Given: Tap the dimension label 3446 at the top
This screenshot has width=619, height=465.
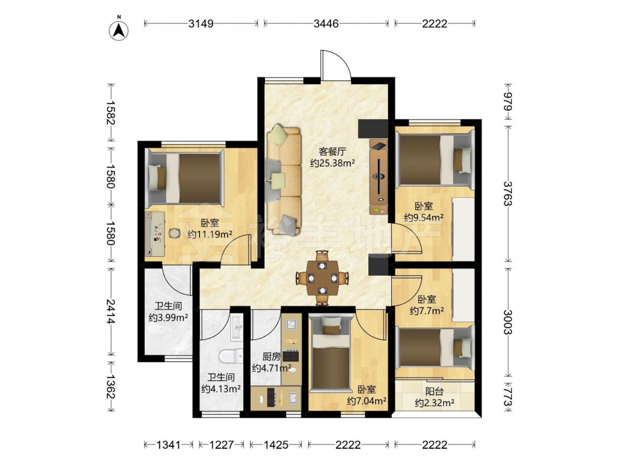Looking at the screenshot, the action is click(326, 24).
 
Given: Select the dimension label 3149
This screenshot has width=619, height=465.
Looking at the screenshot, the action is click(201, 24).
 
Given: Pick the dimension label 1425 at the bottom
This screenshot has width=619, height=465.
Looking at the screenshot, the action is click(276, 445).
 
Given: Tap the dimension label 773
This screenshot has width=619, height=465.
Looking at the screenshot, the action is click(508, 397).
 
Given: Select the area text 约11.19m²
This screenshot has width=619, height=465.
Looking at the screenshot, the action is click(210, 234).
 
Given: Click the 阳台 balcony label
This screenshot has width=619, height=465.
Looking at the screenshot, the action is click(435, 391).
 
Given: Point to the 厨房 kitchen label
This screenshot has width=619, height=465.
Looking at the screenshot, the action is click(272, 356).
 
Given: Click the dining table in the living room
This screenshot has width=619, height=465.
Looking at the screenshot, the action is click(322, 278).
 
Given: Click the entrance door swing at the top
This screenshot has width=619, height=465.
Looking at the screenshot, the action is click(335, 65).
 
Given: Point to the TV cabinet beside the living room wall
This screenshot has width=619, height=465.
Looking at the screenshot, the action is click(379, 176).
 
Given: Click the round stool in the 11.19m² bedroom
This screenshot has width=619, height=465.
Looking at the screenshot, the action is click(174, 233).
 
